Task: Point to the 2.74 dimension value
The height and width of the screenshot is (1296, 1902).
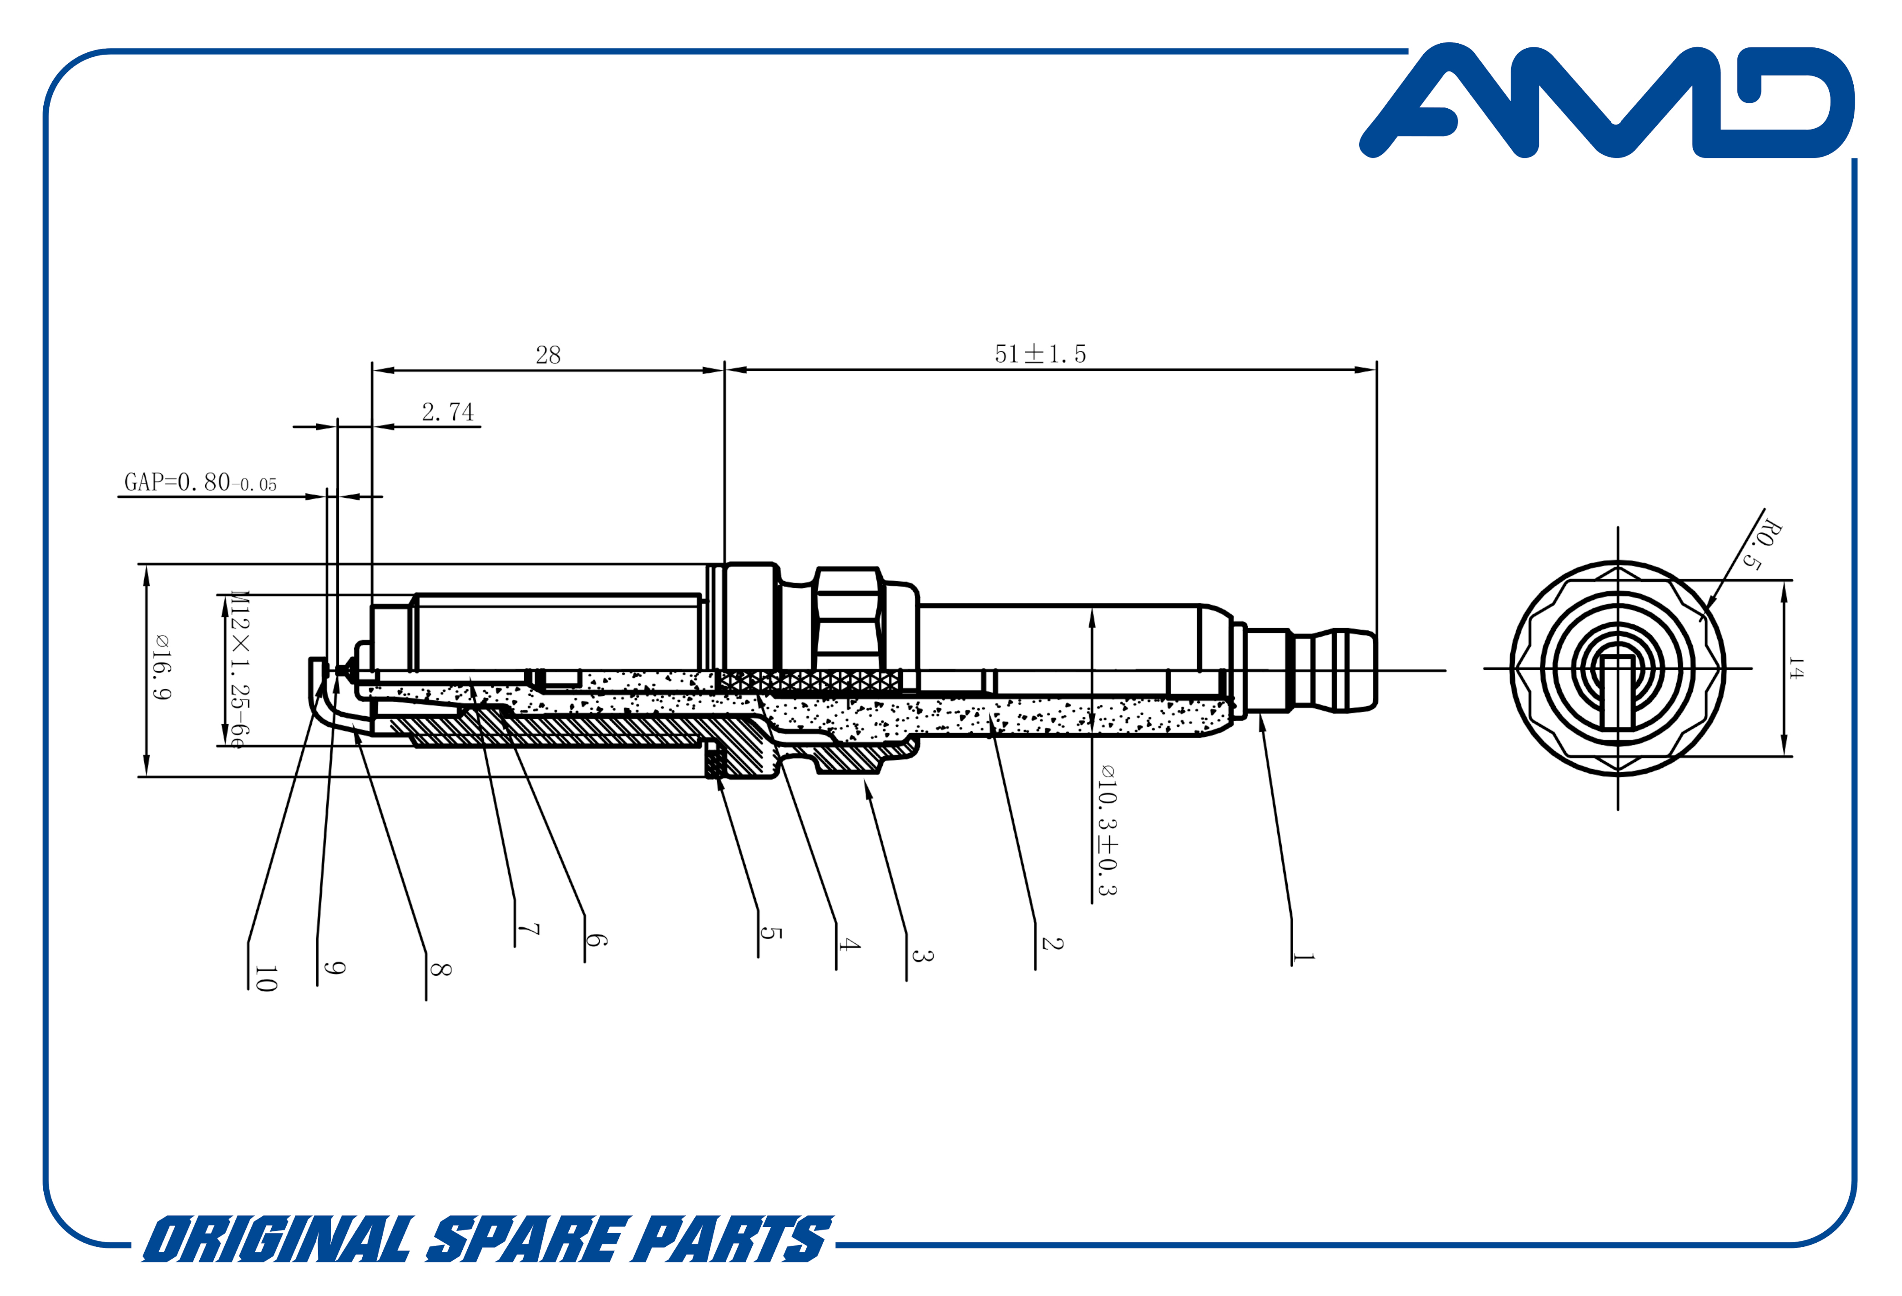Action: pyautogui.click(x=448, y=412)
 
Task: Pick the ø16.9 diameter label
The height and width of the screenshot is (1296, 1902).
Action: pyautogui.click(x=161, y=667)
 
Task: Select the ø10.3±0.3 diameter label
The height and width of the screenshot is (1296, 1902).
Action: pyautogui.click(x=1107, y=830)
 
